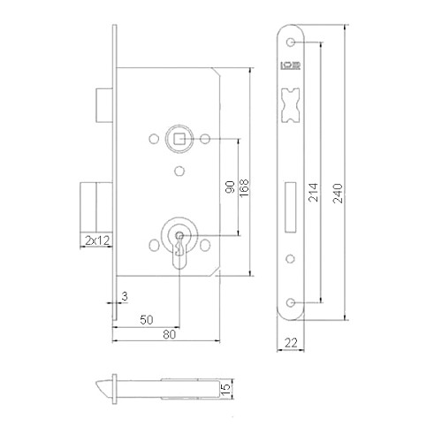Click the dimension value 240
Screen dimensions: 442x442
coord(338,194)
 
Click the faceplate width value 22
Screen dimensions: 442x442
coord(291,342)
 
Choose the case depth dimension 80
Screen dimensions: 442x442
coord(167,335)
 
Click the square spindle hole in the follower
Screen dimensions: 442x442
coord(178,138)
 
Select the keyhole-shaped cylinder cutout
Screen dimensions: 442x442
coord(179,244)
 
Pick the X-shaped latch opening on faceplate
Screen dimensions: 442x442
coord(291,103)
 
